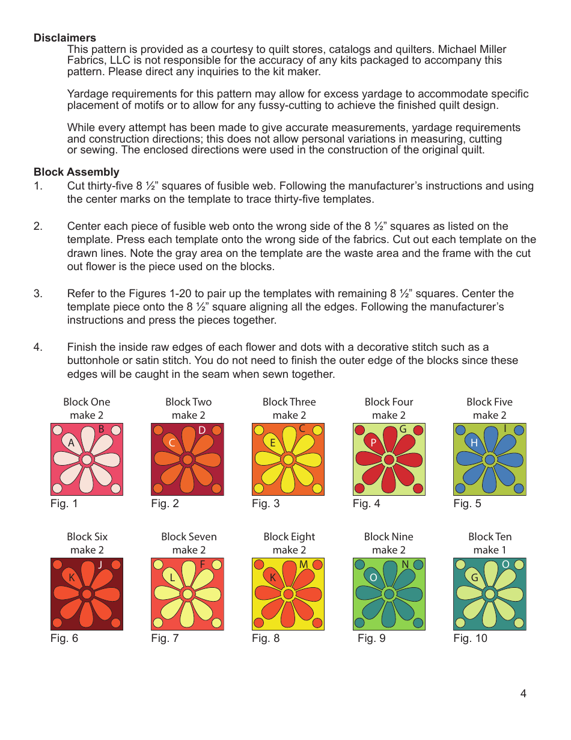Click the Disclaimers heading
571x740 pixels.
(x=64, y=38)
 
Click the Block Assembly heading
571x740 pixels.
(x=76, y=172)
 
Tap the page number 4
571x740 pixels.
(x=523, y=694)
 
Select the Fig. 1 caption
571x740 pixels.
(x=64, y=504)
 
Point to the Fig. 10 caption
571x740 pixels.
(x=470, y=639)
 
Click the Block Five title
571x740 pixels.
(x=489, y=402)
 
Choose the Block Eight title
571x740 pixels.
(x=289, y=537)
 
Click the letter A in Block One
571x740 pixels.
(x=71, y=443)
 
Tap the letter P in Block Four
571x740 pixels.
(x=373, y=443)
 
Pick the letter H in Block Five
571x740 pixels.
(x=474, y=443)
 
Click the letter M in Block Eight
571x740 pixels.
(x=304, y=564)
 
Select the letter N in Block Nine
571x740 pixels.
(x=405, y=564)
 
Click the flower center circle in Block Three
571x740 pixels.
(x=288, y=460)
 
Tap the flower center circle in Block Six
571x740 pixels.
(x=87, y=594)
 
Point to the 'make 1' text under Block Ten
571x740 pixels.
(x=489, y=550)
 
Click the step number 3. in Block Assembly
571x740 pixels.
(x=38, y=294)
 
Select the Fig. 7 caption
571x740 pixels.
(x=165, y=639)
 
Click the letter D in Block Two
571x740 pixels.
(x=202, y=430)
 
